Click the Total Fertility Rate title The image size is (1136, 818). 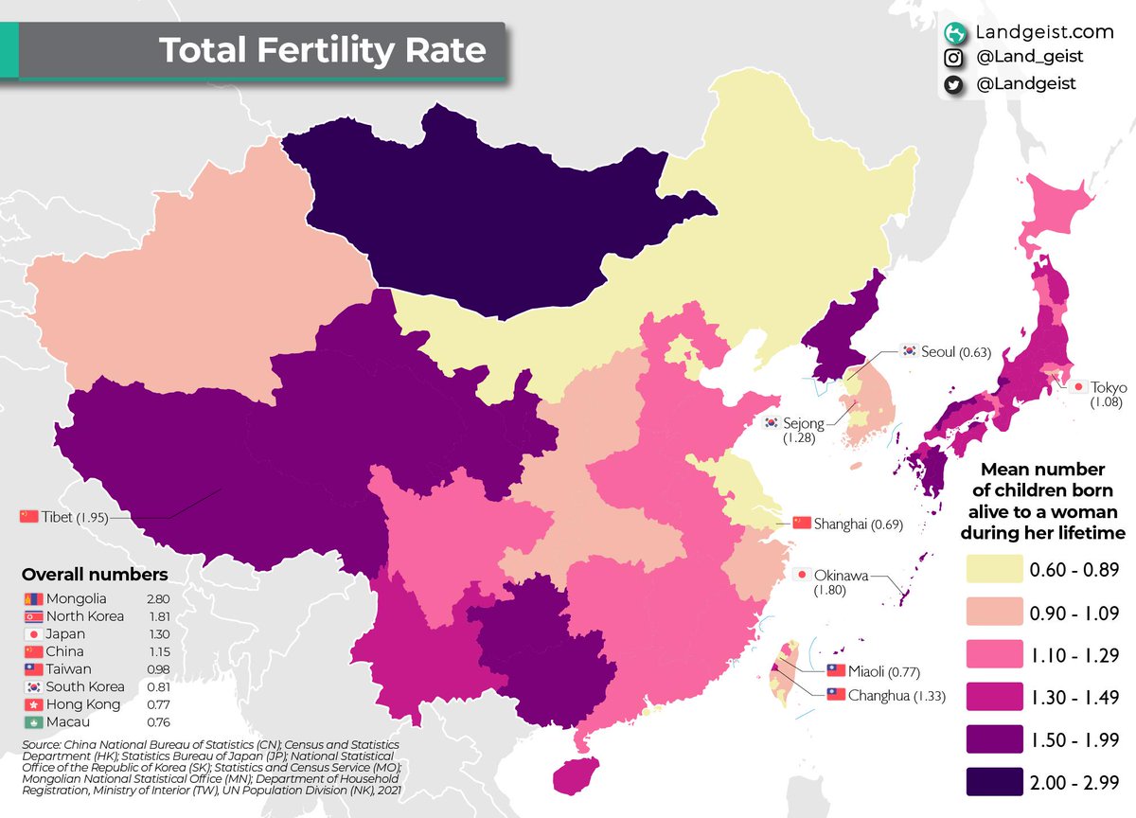point(322,50)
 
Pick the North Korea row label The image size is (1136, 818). point(85,617)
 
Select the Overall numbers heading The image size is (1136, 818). point(95,575)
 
